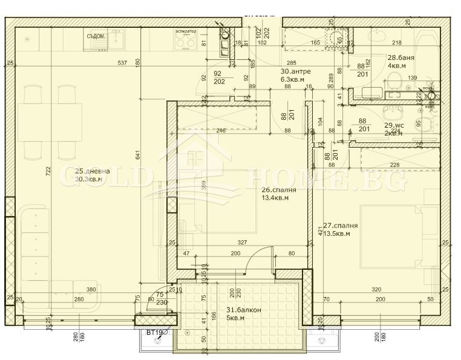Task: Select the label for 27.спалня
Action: pos(340,226)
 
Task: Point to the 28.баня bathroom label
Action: pos(401,57)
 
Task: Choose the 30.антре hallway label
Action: pos(295,71)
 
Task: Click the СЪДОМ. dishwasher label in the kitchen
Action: pos(96,36)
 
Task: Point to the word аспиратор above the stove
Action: pos(185,31)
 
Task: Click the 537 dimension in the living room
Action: pos(122,62)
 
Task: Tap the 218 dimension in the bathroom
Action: pos(396,43)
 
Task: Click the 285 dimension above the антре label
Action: pos(291,63)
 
